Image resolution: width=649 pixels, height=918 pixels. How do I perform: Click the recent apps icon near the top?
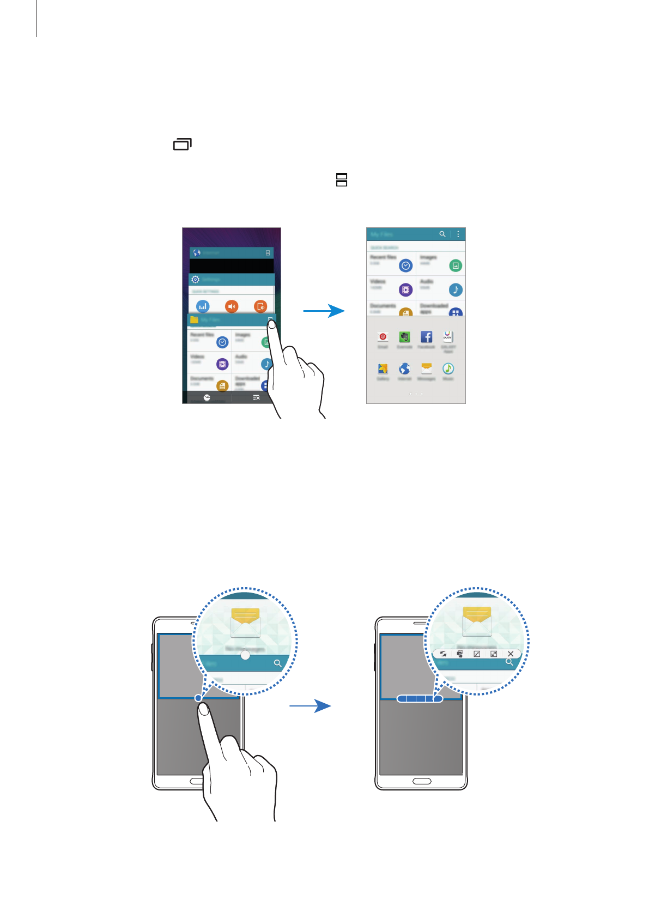pos(183,144)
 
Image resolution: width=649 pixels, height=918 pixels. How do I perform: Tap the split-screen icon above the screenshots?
pos(342,179)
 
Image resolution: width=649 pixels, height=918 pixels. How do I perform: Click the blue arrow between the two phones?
pos(310,706)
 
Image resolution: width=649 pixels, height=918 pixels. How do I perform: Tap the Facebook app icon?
pos(426,337)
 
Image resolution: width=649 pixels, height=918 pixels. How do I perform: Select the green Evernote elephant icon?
pos(404,337)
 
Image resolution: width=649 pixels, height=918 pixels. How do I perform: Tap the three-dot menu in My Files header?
pos(458,234)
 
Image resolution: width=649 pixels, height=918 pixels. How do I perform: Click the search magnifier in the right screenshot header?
pos(442,234)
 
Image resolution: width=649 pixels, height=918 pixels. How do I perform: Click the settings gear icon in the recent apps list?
pos(196,279)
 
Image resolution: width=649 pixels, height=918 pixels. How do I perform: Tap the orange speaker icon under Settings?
pos(232,306)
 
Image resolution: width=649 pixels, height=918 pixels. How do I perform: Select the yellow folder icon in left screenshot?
pos(194,319)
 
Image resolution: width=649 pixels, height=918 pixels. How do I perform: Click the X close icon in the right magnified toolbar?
pos(511,654)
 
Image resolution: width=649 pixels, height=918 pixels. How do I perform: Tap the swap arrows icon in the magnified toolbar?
pos(443,654)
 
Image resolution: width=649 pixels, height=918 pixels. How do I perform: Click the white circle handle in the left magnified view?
pos(245,655)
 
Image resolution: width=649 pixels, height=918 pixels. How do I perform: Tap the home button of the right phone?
pos(421,781)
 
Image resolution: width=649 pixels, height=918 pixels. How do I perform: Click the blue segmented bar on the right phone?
pos(420,698)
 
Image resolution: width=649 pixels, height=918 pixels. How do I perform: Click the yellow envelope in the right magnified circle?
pos(477,621)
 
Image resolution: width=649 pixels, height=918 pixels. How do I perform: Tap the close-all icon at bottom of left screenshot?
pos(256,397)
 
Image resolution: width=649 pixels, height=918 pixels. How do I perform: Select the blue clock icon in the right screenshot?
pos(405,265)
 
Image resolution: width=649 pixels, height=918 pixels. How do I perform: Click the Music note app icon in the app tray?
pos(448,369)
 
